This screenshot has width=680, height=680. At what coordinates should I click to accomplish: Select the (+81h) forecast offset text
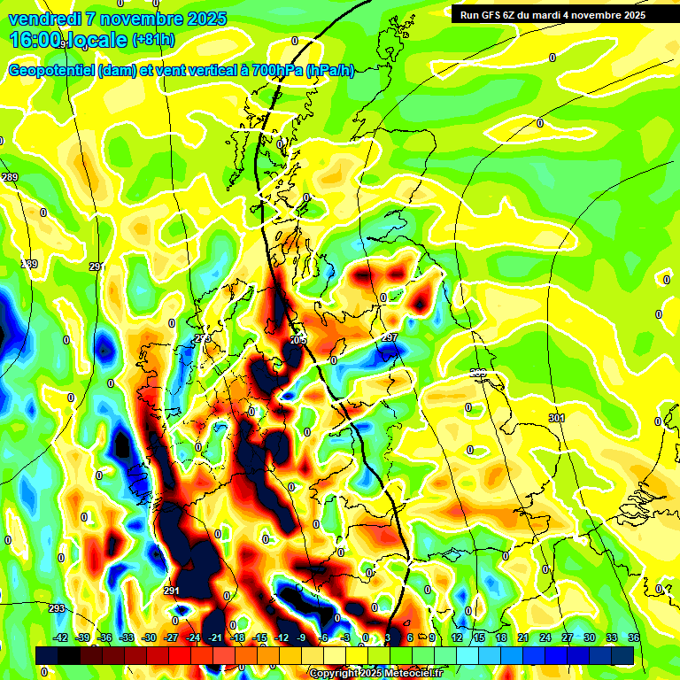point(152,40)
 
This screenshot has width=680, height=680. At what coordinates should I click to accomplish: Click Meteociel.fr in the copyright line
point(411,674)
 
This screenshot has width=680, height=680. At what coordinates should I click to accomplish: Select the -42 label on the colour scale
point(61,637)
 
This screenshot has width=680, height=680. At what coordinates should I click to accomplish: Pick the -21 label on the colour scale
point(215,637)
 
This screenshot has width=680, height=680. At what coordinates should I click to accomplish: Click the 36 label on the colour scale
point(634,637)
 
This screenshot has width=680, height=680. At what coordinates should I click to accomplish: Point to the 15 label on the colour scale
point(479,637)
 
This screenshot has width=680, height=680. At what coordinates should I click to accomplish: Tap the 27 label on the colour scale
point(568,637)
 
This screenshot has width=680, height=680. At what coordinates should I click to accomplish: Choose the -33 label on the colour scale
point(127,637)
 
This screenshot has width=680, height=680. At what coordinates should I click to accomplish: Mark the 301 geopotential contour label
point(556,418)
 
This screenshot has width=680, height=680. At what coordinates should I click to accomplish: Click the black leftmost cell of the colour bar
point(47,655)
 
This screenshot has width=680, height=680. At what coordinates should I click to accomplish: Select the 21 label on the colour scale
point(523,637)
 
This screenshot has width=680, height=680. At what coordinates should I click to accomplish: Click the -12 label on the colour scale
point(282,637)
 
